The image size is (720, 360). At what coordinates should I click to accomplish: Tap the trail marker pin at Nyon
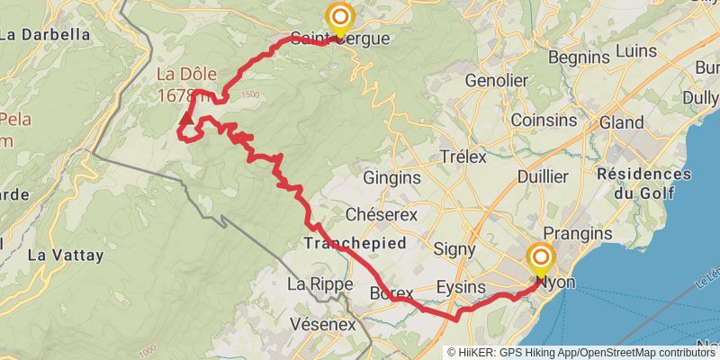(541, 261)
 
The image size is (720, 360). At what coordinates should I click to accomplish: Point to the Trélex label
(463, 157)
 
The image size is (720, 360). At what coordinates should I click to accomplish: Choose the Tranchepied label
(355, 243)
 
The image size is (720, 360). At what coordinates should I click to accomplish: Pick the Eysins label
(460, 287)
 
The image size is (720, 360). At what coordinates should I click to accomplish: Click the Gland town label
(621, 122)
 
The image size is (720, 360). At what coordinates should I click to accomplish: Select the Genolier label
(495, 80)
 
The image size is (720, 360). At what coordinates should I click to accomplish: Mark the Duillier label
(543, 177)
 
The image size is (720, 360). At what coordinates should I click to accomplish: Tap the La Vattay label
(66, 255)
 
